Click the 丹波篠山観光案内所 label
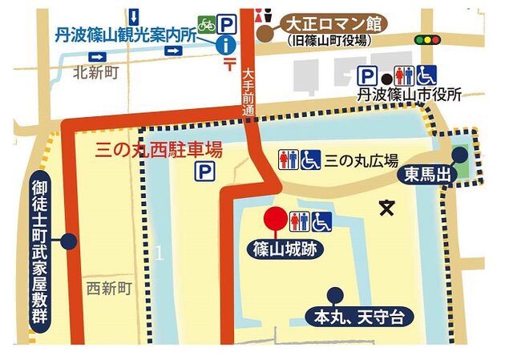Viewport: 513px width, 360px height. click(126, 34)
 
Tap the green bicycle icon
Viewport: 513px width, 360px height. click(206, 24)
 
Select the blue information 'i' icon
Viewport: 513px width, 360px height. click(229, 45)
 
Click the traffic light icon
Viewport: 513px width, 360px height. click(433, 39)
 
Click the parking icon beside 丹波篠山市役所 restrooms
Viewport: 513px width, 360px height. click(368, 77)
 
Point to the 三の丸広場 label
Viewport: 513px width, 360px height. click(361, 159)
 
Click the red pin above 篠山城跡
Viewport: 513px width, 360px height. click(276, 219)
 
